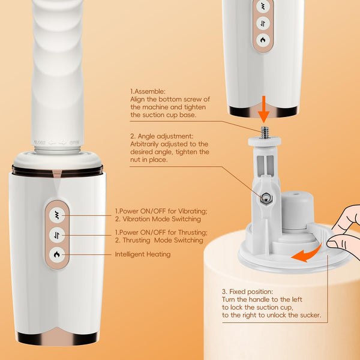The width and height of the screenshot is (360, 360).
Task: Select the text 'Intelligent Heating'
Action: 143,254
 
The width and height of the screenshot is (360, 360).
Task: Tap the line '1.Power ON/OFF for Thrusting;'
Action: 160,232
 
